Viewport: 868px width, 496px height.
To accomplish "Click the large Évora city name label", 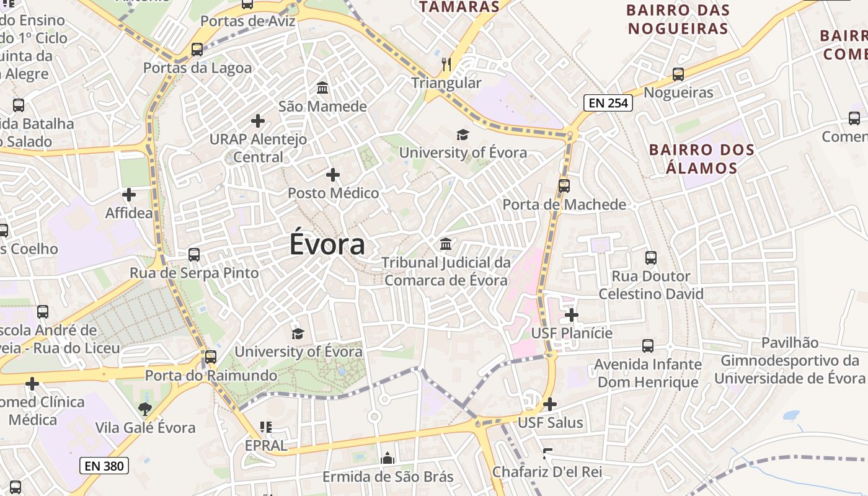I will pos(327,244).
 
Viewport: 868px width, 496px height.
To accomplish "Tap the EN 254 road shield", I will pos(608,103).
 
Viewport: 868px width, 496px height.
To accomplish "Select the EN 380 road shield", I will pos(104,465).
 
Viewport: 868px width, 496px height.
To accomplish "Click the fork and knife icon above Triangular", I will pos(446,64).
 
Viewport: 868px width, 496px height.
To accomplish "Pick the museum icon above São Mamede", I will pos(322,88).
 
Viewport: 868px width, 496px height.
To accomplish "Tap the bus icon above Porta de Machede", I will pos(564,185).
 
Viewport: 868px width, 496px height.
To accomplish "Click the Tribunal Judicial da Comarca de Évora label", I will pos(446,272).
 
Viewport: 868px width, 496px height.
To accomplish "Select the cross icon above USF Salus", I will pos(550,404).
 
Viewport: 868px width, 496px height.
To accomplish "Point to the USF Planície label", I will pos(572,334).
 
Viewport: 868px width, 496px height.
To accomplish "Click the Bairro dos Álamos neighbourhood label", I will pos(702,159).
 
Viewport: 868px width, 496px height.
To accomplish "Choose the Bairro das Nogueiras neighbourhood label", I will pos(678,19).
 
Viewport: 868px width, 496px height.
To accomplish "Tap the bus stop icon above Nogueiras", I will pos(678,74).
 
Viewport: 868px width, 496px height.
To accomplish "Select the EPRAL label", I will pos(266,445).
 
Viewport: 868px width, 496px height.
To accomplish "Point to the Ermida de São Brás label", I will pos(388,477).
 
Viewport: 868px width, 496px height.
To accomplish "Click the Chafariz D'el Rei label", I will pos(547,472).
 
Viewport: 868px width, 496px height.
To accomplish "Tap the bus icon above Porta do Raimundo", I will pos(211,357).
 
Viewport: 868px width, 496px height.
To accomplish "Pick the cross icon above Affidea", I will pos(129,195).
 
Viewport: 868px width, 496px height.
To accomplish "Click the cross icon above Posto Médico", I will pos(333,175).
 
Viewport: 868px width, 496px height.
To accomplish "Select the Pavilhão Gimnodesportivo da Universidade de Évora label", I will pos(790,360).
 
